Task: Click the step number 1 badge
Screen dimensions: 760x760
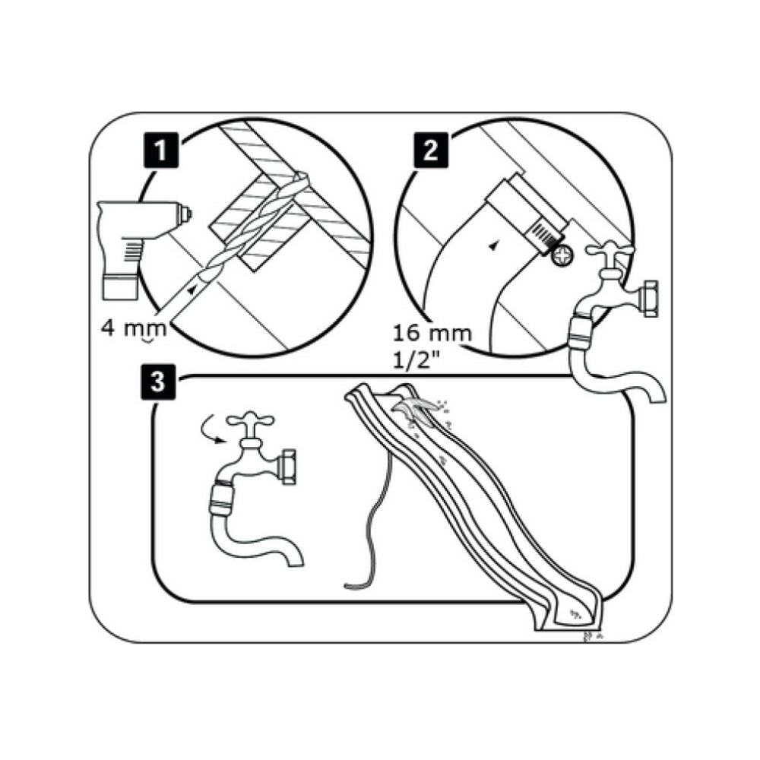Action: pos(160,150)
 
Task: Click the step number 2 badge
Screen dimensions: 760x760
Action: pos(430,150)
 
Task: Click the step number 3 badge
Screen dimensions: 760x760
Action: pos(159,382)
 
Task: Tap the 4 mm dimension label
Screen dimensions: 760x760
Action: pos(134,328)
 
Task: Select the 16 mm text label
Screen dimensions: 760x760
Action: pos(432,334)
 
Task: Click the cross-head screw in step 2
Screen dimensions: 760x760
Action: pos(562,255)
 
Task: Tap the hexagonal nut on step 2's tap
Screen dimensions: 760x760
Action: pos(648,298)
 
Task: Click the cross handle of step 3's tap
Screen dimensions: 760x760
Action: pos(250,421)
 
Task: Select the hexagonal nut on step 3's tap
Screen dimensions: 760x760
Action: pos(287,467)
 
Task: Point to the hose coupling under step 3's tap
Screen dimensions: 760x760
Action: pos(223,499)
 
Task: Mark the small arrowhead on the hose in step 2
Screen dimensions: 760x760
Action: pos(493,246)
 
